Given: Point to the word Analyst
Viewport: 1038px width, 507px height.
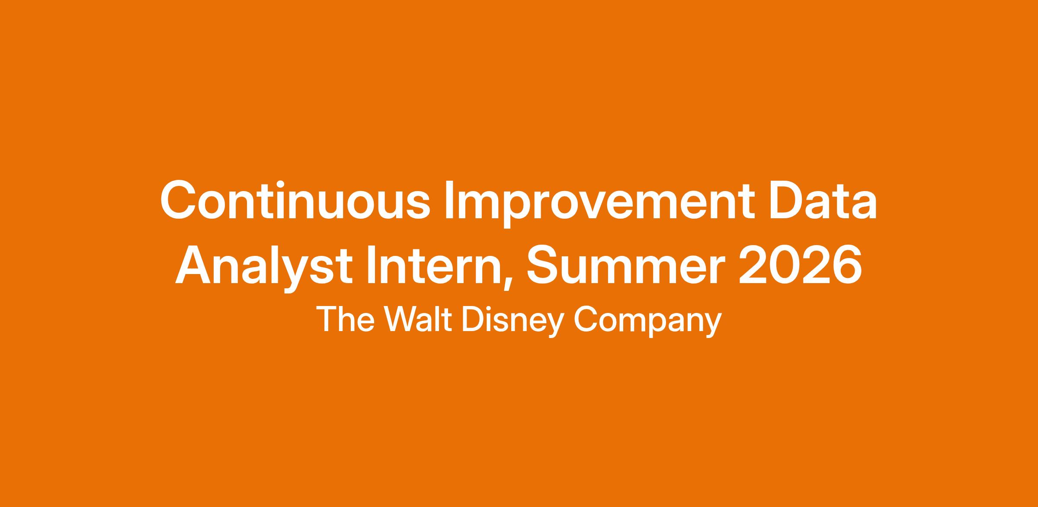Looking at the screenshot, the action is click(263, 268).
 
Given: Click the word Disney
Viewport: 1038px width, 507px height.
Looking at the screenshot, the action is click(513, 322).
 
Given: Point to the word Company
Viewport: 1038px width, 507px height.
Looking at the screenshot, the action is click(647, 322).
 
